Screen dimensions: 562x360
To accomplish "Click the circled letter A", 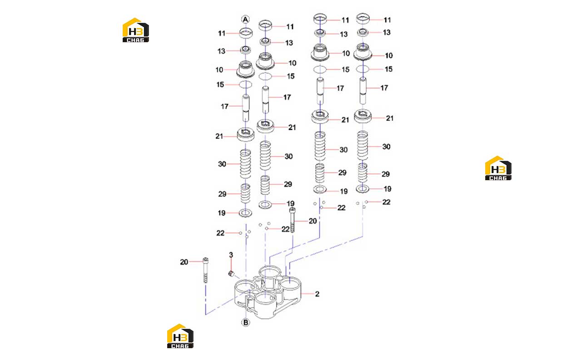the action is pyautogui.click(x=245, y=20).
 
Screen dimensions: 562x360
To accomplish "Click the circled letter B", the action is pyautogui.click(x=246, y=322).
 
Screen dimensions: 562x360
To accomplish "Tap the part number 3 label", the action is pyautogui.click(x=231, y=255).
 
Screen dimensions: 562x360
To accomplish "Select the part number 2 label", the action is pyautogui.click(x=317, y=294).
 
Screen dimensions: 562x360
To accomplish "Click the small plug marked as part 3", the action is pyautogui.click(x=232, y=273).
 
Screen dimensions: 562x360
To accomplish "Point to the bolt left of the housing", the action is pyautogui.click(x=205, y=270).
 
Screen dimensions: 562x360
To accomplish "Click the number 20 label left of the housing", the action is pyautogui.click(x=184, y=262).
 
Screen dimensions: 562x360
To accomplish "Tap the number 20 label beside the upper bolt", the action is pyautogui.click(x=313, y=221).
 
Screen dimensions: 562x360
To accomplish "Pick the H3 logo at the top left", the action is pyautogui.click(x=135, y=30).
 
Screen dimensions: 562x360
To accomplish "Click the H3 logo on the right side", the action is pyautogui.click(x=498, y=168).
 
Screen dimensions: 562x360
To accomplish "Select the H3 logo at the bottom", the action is pyautogui.click(x=180, y=336).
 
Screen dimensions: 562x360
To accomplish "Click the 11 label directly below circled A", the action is pyautogui.click(x=222, y=33).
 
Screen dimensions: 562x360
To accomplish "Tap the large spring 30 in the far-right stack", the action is pyautogui.click(x=363, y=145).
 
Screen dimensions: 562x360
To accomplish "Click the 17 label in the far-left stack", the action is pyautogui.click(x=224, y=107).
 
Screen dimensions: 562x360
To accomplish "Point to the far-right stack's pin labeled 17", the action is pyautogui.click(x=363, y=90).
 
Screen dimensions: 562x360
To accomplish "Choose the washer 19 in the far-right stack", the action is pyautogui.click(x=362, y=188).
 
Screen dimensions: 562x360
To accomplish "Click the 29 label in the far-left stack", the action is pyautogui.click(x=222, y=194).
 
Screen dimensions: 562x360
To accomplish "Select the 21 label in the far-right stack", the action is pyautogui.click(x=389, y=118).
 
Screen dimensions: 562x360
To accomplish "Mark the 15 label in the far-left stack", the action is pyautogui.click(x=220, y=85).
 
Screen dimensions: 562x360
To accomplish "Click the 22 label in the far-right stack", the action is pyautogui.click(x=386, y=202).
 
